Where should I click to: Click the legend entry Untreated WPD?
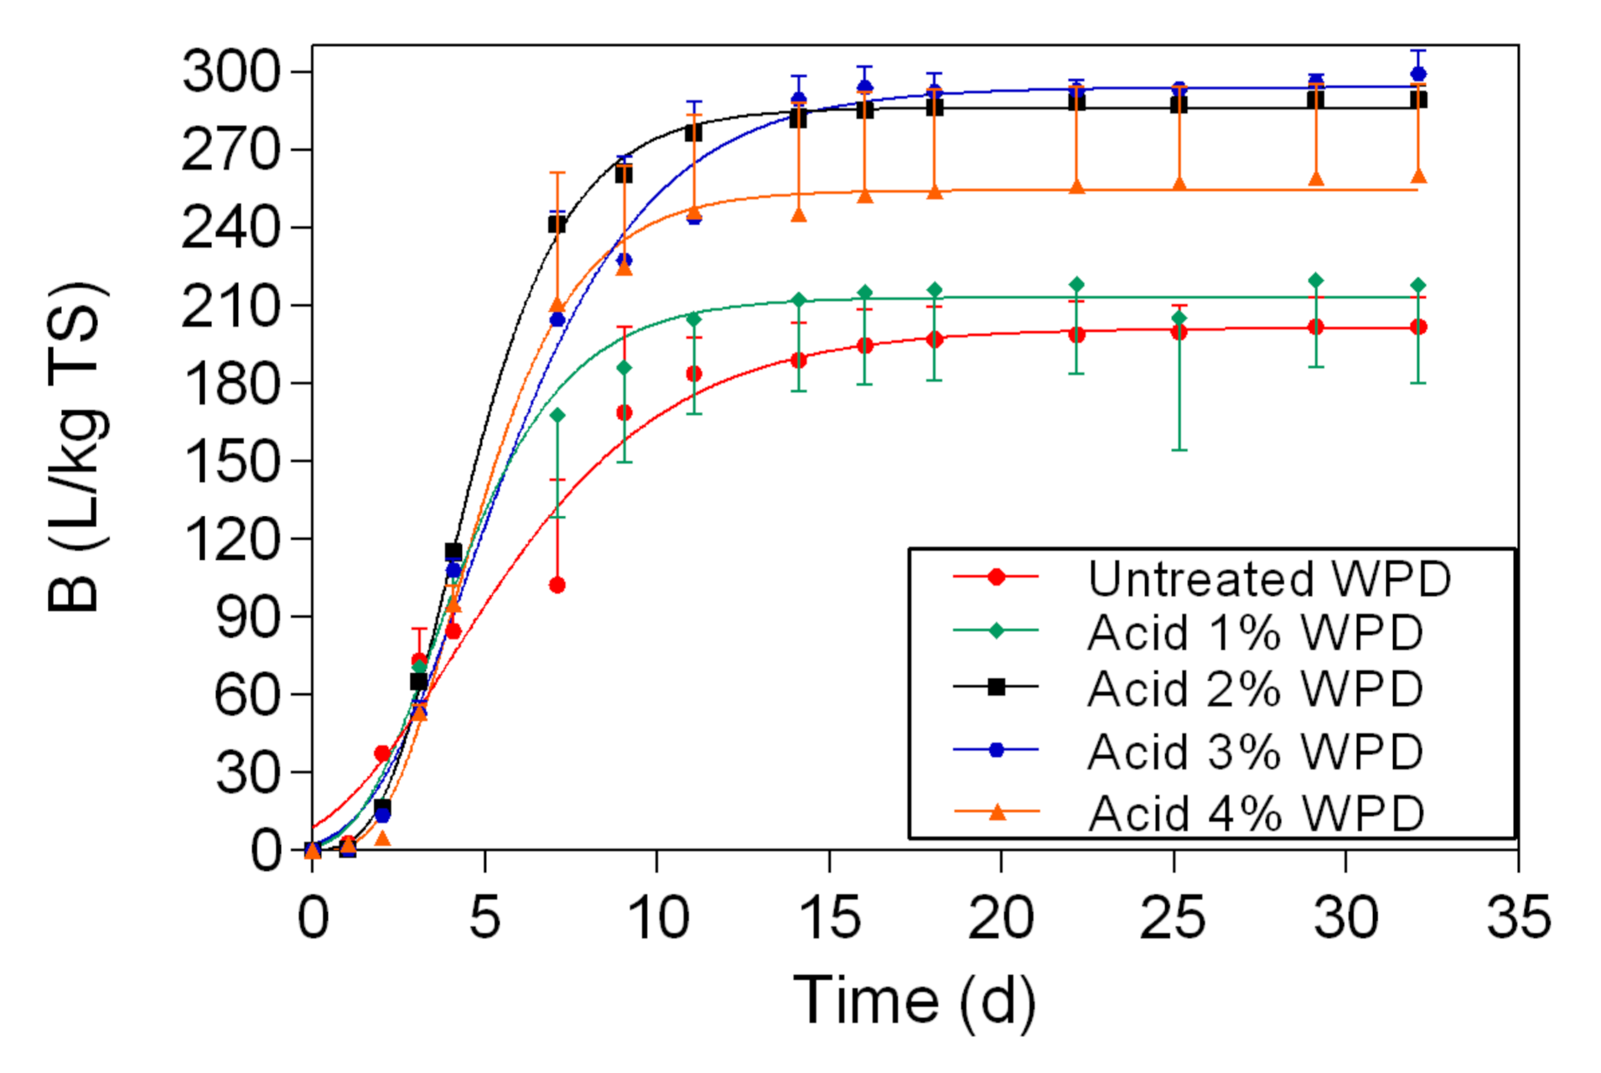1269,578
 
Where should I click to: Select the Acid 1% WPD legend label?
1255,633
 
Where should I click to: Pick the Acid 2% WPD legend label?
1255,689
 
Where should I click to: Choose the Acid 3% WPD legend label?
1255,751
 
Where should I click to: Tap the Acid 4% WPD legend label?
1256,813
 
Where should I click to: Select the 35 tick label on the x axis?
1518,917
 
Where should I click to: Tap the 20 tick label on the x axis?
1001,917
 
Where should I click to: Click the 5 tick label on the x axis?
484,917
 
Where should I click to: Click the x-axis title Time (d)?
914,1000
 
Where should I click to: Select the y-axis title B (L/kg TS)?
77,448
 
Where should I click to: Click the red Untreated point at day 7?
557,585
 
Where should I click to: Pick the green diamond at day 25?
1179,318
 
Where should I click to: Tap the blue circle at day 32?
1418,74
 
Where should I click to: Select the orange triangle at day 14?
799,215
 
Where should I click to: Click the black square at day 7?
557,224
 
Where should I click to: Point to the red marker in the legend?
996,577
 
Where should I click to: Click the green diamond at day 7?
557,415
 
